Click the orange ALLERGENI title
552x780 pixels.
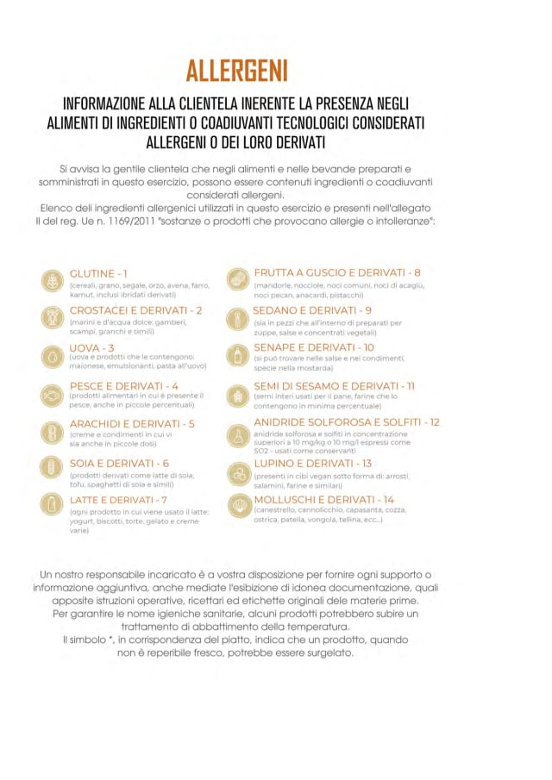coord(236,69)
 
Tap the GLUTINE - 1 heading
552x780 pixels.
coord(99,273)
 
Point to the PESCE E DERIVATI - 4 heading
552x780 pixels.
coord(124,385)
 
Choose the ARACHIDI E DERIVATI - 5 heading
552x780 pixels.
coord(132,423)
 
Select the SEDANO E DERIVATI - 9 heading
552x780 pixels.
coord(312,310)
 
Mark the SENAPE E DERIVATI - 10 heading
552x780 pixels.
coord(314,347)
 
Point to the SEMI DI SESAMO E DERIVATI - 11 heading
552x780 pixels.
coord(334,386)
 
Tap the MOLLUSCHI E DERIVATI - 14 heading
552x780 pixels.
coord(323,500)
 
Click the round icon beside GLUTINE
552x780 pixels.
coord(53,280)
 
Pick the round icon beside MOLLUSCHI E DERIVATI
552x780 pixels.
coord(238,506)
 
